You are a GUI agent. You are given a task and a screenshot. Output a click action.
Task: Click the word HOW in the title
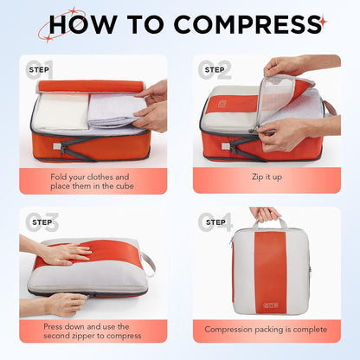tap(80, 24)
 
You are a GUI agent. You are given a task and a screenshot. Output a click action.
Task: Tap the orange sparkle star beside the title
tap(323, 19)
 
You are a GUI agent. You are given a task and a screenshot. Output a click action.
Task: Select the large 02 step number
tap(216, 69)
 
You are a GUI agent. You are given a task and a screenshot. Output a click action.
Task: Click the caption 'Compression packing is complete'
tap(266, 329)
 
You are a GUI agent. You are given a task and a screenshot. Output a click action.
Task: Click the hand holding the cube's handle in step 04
tap(265, 213)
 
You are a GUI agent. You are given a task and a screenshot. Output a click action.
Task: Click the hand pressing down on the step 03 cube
tap(62, 252)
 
